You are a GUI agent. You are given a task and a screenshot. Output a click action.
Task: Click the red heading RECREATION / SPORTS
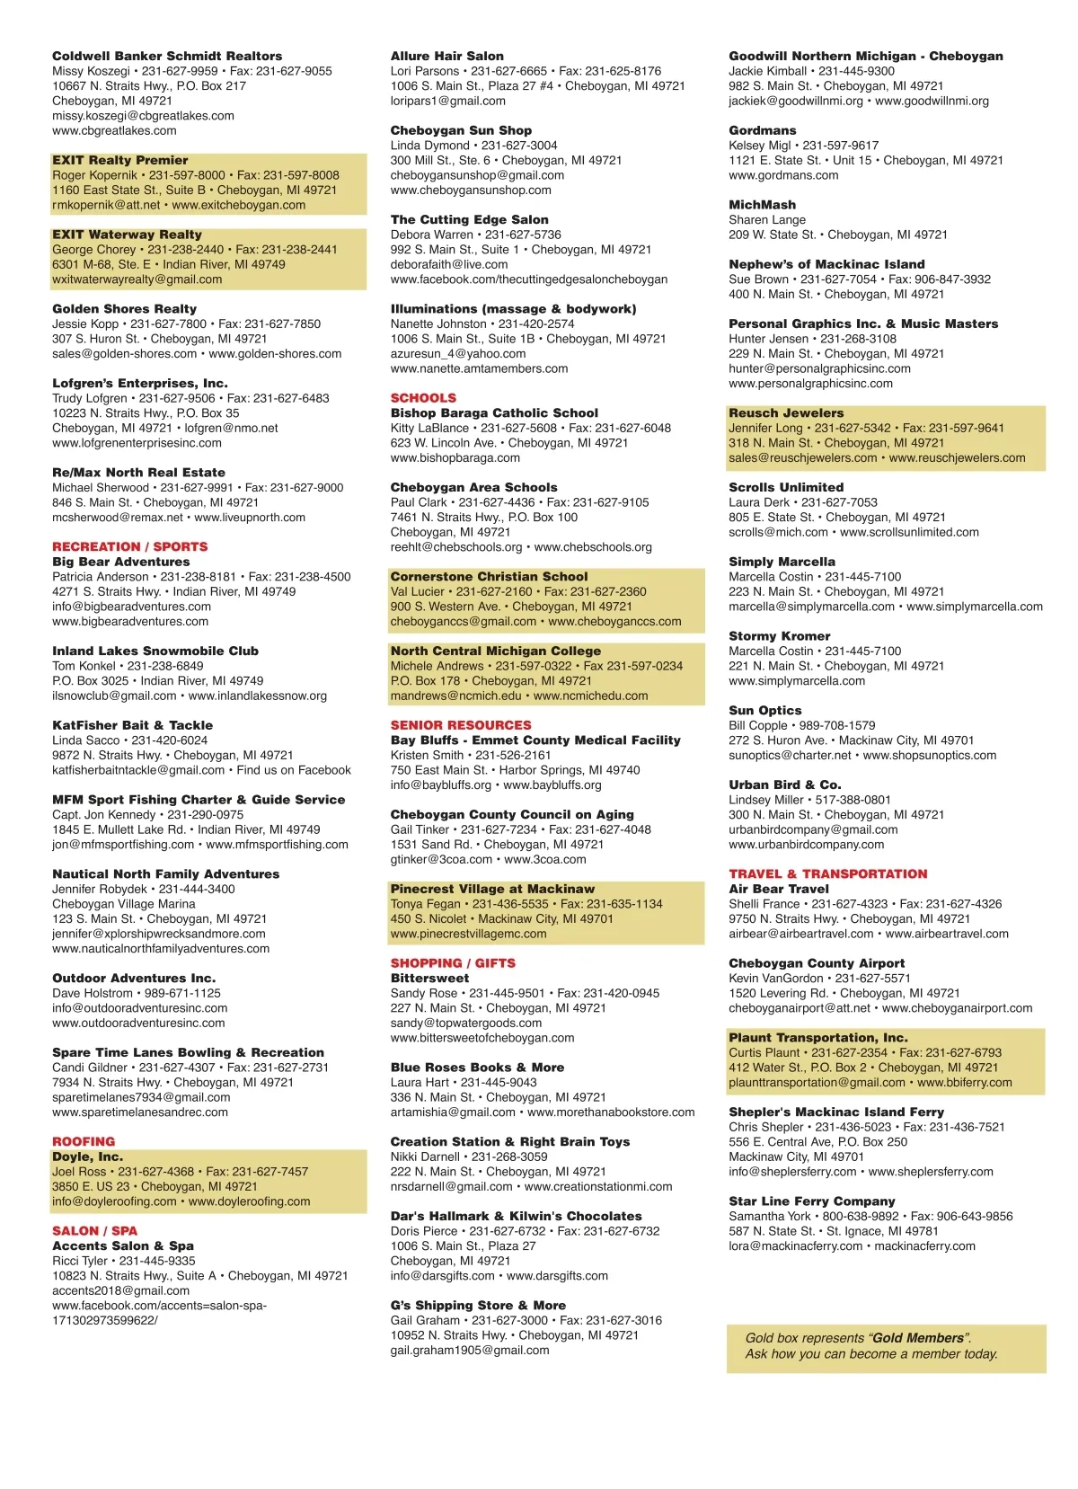[x=129, y=546]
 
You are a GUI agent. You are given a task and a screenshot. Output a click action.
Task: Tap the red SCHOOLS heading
[x=423, y=398]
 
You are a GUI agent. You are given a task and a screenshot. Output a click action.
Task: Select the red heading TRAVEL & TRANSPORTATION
[x=827, y=873]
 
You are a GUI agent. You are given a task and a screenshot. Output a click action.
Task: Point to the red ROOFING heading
[x=84, y=1141]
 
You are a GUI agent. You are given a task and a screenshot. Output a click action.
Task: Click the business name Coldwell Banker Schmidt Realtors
[x=167, y=56]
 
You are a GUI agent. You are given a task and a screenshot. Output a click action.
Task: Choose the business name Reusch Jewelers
[x=786, y=413]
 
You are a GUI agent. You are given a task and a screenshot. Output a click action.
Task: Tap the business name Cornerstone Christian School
[x=489, y=577]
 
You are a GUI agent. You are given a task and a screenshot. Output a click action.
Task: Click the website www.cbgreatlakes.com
[x=114, y=130]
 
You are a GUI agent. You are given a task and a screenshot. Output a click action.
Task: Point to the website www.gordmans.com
[x=783, y=175]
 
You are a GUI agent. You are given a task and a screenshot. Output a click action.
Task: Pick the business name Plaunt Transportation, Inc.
[x=817, y=1038]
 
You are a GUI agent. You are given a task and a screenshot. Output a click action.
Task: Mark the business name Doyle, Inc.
[x=87, y=1157]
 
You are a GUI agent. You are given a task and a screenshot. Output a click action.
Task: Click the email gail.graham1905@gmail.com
[x=469, y=1350]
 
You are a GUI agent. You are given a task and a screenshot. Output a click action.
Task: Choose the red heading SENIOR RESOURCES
[x=461, y=725]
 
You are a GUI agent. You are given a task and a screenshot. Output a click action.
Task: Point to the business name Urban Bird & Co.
[x=784, y=784]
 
